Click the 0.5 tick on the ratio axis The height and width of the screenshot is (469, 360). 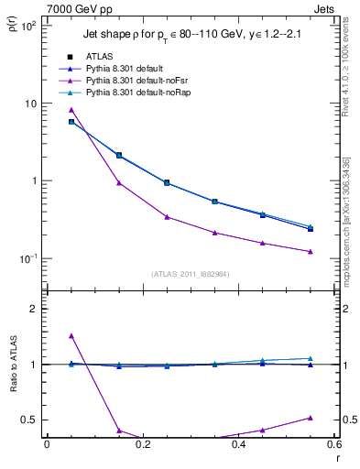30,420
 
